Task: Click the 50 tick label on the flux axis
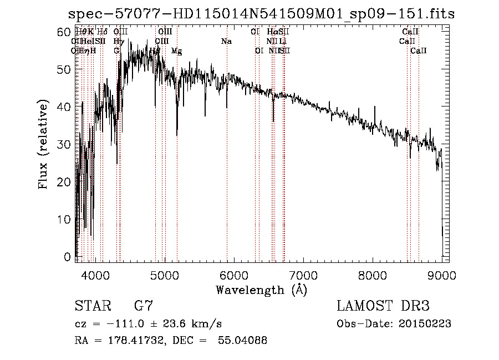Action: [65, 69]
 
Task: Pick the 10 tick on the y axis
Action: [65, 219]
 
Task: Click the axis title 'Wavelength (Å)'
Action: [261, 290]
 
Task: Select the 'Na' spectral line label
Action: [226, 42]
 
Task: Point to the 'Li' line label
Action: [283, 42]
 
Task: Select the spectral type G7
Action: [144, 306]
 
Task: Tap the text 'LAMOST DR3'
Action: [383, 306]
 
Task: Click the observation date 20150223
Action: [424, 324]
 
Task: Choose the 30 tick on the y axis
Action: [65, 144]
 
